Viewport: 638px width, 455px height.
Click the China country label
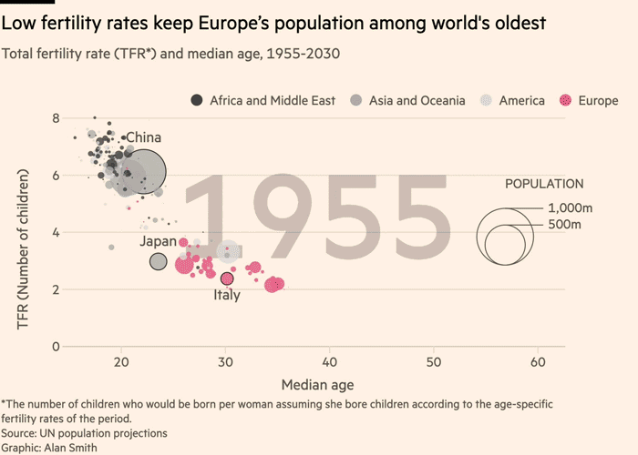pyautogui.click(x=143, y=138)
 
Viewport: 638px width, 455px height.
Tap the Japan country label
pyautogui.click(x=158, y=241)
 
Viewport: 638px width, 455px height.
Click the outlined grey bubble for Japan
pyautogui.click(x=159, y=262)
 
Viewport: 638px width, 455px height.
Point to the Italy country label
pyautogui.click(x=227, y=295)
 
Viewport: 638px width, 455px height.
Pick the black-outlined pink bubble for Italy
pyautogui.click(x=227, y=278)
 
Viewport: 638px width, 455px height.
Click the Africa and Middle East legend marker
pyautogui.click(x=197, y=100)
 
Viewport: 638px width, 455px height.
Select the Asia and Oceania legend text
pyautogui.click(x=417, y=100)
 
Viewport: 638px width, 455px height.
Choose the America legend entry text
pyautogui.click(x=521, y=100)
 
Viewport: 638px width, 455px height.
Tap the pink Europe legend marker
pyautogui.click(x=567, y=100)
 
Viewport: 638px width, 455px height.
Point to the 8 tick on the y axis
pyautogui.click(x=56, y=118)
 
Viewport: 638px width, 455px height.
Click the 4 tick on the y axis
pyautogui.click(x=56, y=232)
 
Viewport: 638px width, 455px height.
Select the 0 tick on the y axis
pyautogui.click(x=56, y=347)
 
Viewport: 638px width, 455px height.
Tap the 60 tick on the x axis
pyautogui.click(x=538, y=362)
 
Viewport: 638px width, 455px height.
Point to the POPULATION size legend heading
pyautogui.click(x=544, y=184)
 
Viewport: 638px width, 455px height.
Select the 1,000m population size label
pyautogui.click(x=571, y=208)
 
